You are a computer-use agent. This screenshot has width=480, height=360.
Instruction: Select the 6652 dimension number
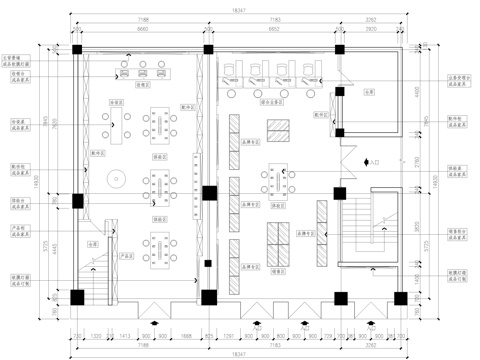coord(272,29)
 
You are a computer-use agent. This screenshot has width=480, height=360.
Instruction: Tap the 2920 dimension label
coord(371,29)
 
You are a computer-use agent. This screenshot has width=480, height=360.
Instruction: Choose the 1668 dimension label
coord(185,337)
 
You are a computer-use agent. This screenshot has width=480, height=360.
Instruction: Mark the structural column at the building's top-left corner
coord(77,49)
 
